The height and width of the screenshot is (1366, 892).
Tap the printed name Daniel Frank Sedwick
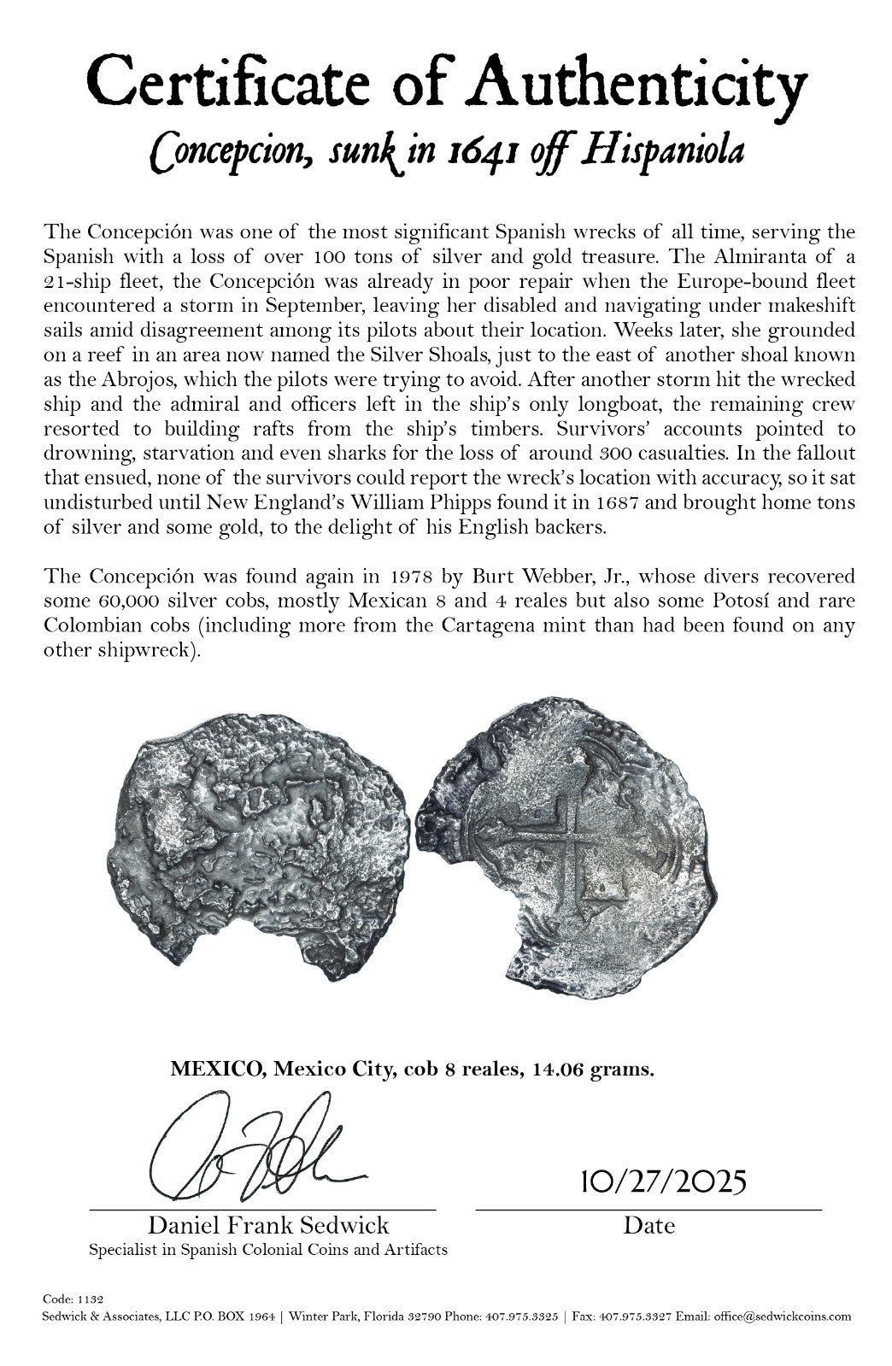[x=268, y=1226]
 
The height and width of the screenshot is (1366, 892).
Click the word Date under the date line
[x=648, y=1226]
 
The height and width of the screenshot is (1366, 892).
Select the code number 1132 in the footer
[x=95, y=1299]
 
